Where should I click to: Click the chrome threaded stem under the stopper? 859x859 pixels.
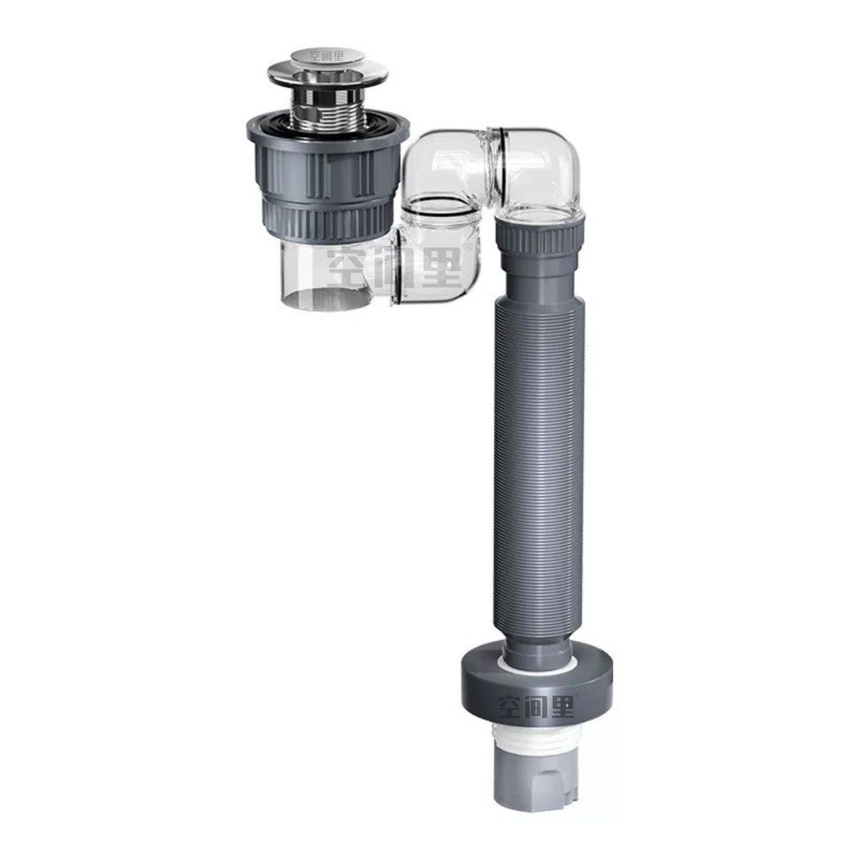(x=328, y=109)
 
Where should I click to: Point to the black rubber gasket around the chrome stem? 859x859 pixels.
(x=328, y=128)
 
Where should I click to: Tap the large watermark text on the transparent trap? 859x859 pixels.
(x=394, y=266)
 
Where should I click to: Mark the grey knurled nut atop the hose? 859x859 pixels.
(x=539, y=238)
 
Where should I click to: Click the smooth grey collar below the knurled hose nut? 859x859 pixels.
(x=539, y=277)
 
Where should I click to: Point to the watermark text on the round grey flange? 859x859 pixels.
(x=537, y=707)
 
